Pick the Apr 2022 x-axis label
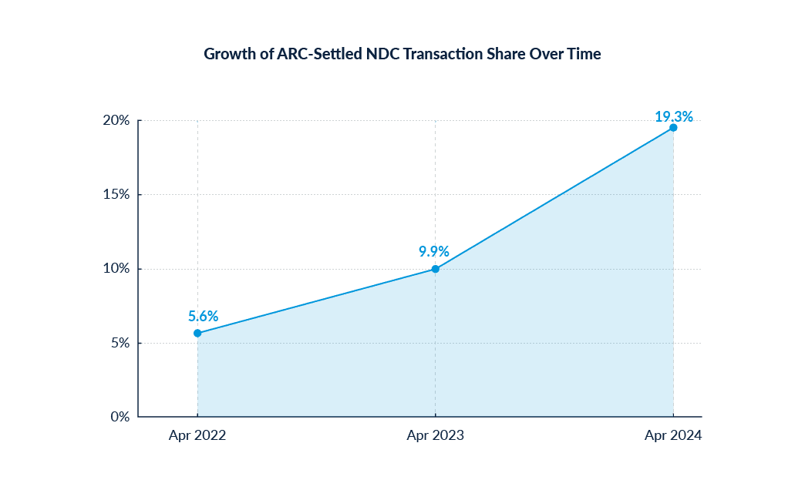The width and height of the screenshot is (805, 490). [x=197, y=435]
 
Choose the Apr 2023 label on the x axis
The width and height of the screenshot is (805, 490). [x=436, y=435]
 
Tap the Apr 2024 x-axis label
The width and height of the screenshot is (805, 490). [x=673, y=435]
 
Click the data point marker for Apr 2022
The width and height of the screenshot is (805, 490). [x=197, y=333]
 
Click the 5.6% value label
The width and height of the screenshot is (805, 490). [x=203, y=316]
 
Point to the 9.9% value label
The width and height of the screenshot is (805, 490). [x=434, y=251]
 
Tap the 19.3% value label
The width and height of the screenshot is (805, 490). [x=674, y=116]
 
